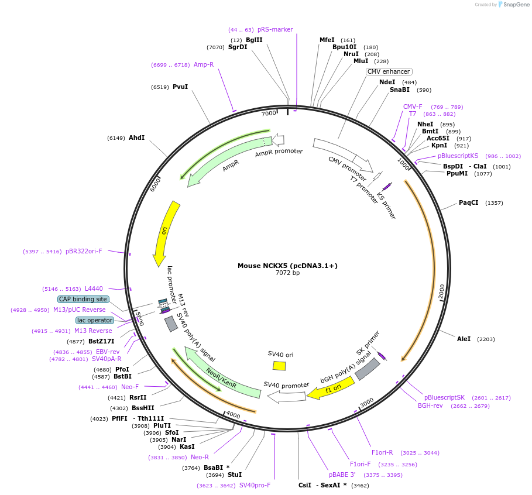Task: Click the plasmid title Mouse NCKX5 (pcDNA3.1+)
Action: pyautogui.click(x=287, y=266)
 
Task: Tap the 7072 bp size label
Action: pyautogui.click(x=287, y=273)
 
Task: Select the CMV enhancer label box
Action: pyautogui.click(x=389, y=71)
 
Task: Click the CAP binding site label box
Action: pyautogui.click(x=83, y=299)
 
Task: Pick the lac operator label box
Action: pyautogui.click(x=94, y=320)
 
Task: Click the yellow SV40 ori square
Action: pyautogui.click(x=279, y=366)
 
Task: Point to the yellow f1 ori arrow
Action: pyautogui.click(x=331, y=388)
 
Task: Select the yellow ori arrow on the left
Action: pyautogui.click(x=167, y=233)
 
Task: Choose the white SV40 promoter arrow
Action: pyautogui.click(x=287, y=397)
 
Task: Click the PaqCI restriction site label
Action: pyautogui.click(x=468, y=203)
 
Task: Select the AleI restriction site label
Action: pyautogui.click(x=464, y=339)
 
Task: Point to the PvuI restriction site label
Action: pyautogui.click(x=180, y=87)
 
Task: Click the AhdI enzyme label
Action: pyautogui.click(x=136, y=137)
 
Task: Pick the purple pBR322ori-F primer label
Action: pyautogui.click(x=84, y=251)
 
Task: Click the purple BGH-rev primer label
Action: pyautogui.click(x=430, y=405)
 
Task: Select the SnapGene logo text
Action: pyautogui.click(x=514, y=5)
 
